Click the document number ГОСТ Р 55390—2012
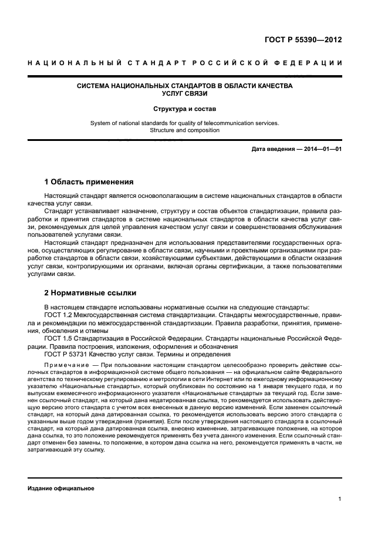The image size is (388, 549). [x=303, y=41]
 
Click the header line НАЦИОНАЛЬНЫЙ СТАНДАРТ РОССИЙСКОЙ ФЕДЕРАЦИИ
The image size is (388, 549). [x=185, y=63]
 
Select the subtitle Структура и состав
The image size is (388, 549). [x=185, y=109]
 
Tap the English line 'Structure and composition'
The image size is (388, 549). [x=185, y=130]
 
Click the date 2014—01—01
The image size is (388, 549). [x=322, y=149]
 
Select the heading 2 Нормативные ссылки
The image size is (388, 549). [x=89, y=292]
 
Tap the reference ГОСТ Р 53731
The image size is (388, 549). [x=66, y=354]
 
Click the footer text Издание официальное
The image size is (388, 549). [x=60, y=488]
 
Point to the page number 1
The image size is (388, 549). [x=340, y=499]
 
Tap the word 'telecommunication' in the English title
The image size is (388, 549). [x=227, y=123]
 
